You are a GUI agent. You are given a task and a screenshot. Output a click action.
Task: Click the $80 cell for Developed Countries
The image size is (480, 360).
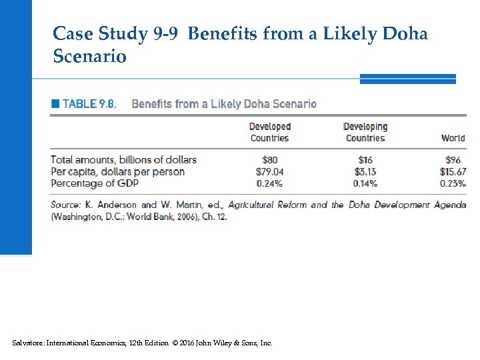point(270,159)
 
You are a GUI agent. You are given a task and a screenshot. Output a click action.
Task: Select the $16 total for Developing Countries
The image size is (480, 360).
point(365,159)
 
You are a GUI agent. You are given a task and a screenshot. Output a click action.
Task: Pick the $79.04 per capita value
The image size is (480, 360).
point(269,171)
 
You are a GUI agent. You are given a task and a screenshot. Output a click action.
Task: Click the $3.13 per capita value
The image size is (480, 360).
point(365,171)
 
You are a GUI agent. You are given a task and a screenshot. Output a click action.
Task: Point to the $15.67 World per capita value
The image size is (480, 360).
point(451,171)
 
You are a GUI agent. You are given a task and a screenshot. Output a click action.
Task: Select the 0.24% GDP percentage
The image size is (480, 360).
point(269,183)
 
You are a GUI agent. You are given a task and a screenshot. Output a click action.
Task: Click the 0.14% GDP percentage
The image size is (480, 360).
point(365,183)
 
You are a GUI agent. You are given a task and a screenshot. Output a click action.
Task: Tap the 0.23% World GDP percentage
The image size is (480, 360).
point(452,183)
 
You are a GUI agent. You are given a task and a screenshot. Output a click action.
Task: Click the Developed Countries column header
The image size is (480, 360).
point(270,132)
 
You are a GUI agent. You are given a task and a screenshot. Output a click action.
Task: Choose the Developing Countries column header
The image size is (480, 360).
point(365,132)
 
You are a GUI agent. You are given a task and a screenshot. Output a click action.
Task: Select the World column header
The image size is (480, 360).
point(453,138)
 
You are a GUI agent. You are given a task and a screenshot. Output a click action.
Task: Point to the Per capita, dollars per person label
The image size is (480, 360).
point(118,171)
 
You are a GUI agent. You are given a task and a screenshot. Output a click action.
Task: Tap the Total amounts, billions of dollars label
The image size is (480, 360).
point(124,159)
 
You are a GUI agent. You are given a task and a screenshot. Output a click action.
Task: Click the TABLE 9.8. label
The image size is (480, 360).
point(89,104)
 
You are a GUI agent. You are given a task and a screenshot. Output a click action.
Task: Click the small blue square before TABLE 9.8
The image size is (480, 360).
point(55,104)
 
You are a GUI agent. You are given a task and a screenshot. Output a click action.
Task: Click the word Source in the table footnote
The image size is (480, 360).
point(65,205)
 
